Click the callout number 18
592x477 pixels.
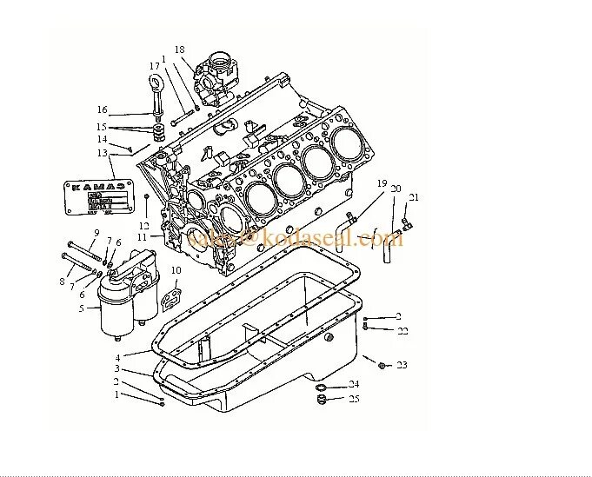click(180, 50)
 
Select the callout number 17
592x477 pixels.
click(154, 66)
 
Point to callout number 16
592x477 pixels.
click(103, 109)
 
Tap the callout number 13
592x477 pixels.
click(103, 153)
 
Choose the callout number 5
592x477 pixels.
click(81, 308)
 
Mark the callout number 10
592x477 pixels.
click(176, 270)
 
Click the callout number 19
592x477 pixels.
click(381, 183)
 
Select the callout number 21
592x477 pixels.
click(414, 196)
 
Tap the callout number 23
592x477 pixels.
click(402, 366)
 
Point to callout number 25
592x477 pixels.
click(354, 399)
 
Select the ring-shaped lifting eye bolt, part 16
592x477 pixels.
click(158, 88)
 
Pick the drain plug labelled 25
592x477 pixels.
click(321, 400)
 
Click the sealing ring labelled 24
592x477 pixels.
click(321, 385)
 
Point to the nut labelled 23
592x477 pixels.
click(382, 366)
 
